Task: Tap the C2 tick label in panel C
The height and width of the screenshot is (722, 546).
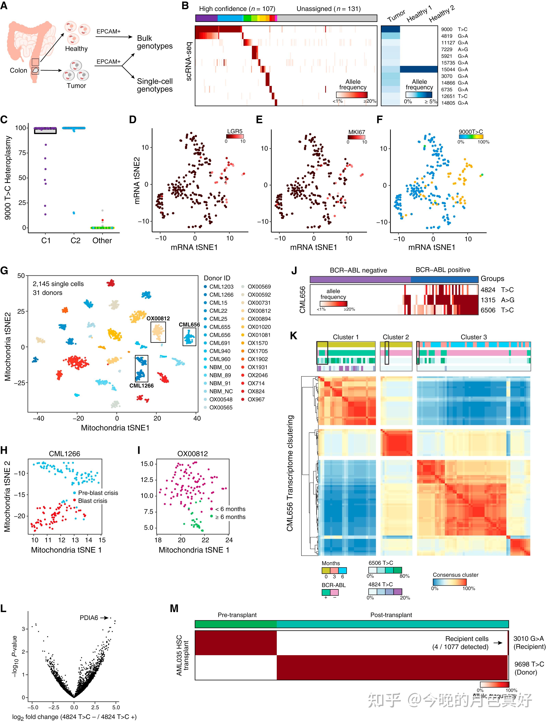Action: click(75, 241)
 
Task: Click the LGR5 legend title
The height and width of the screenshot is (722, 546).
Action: click(235, 131)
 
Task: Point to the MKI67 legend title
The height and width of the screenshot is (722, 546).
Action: click(356, 132)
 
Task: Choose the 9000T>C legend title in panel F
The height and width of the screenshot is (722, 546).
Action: click(471, 132)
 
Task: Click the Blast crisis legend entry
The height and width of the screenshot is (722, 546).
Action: click(92, 501)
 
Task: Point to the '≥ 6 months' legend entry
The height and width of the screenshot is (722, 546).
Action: click(230, 517)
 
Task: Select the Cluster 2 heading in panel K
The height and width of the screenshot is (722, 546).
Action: click(396, 337)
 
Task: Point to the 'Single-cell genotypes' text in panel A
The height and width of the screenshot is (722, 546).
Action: click(155, 85)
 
